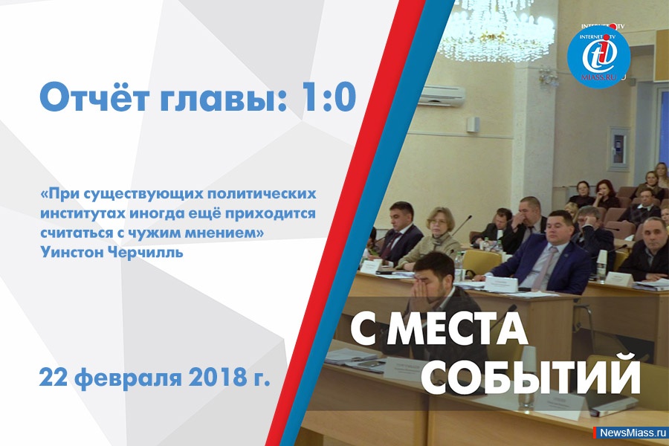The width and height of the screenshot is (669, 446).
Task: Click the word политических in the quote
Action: click(x=262, y=194)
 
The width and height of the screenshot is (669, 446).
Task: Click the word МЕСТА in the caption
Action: click(x=457, y=332)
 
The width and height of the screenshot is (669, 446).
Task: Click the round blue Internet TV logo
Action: click(x=598, y=58)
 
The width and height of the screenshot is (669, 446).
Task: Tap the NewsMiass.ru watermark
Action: click(x=633, y=433)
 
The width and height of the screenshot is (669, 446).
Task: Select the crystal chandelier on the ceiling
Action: click(x=497, y=28)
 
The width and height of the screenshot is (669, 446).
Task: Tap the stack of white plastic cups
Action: click(x=602, y=265)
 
